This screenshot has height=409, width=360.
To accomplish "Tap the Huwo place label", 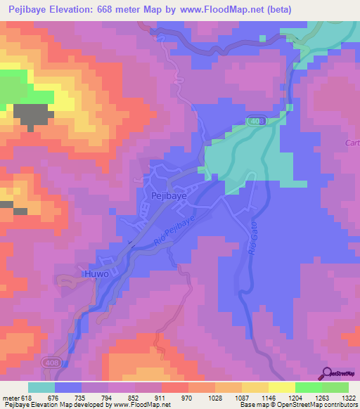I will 96,274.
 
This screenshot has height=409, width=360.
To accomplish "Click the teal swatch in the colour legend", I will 41,387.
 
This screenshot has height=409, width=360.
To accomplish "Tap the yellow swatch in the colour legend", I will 281,387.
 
